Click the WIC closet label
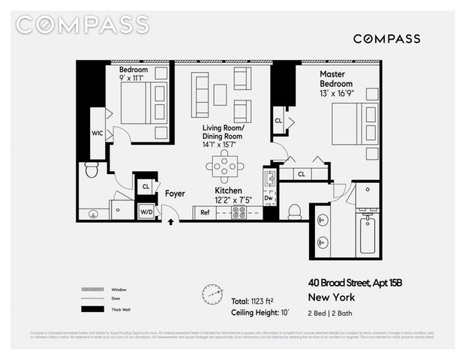(x=97, y=133)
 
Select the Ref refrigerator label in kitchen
(x=204, y=212)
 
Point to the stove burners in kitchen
(x=240, y=212)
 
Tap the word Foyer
(x=175, y=193)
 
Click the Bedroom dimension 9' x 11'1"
(x=135, y=77)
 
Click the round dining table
(x=224, y=164)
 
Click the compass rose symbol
(x=213, y=293)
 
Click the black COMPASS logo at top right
(x=386, y=39)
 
